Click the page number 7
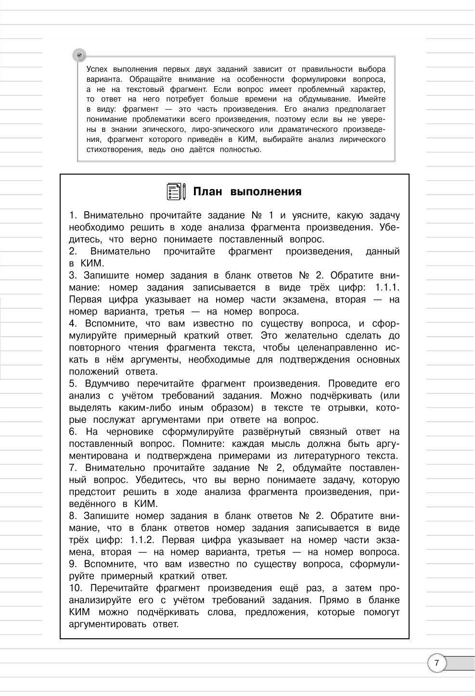[x=436, y=663]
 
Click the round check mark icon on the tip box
[x=80, y=55]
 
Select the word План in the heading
[x=207, y=191]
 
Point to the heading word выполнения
[x=266, y=191]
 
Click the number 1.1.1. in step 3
[x=386, y=288]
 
